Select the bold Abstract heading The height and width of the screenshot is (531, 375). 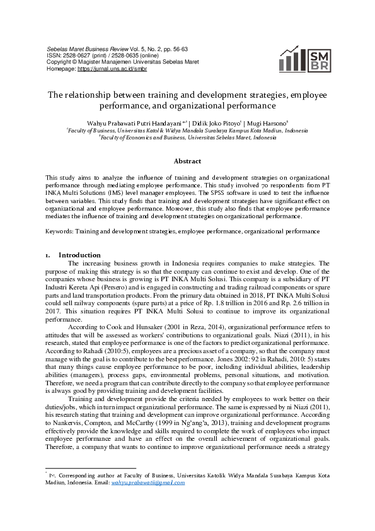[x=187, y=161]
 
